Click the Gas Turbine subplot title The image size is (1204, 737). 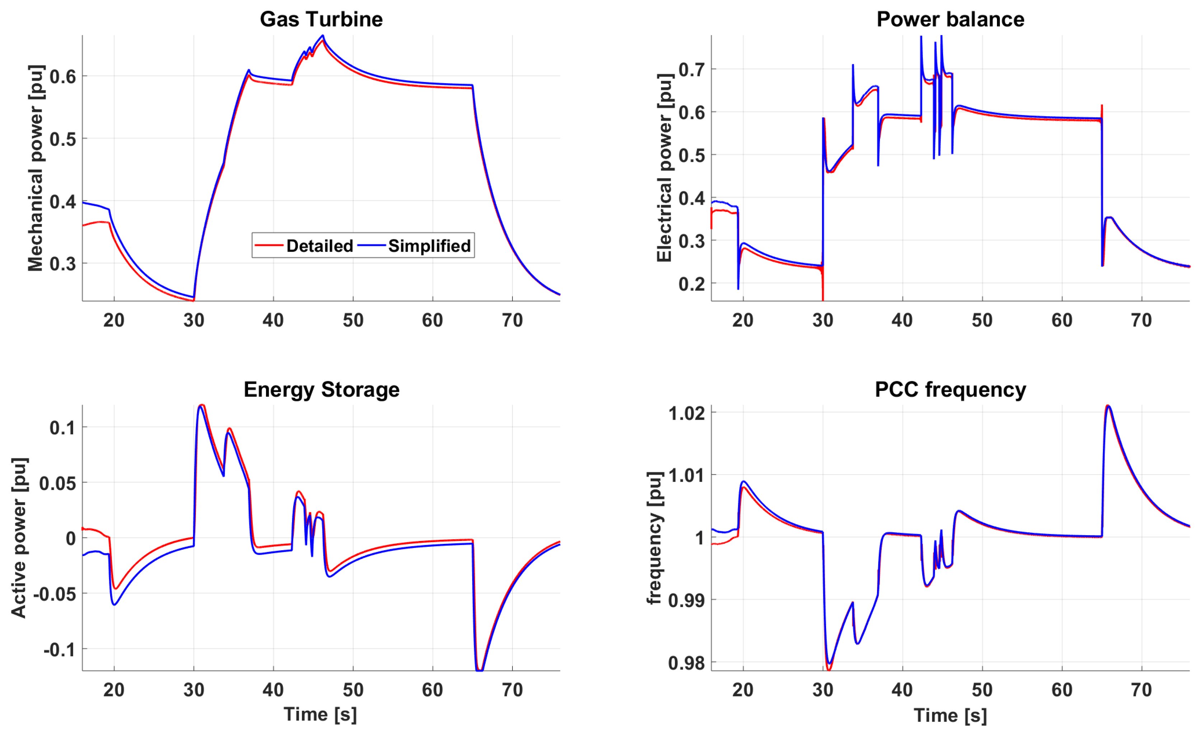pos(321,19)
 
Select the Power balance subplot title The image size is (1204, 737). pos(950,19)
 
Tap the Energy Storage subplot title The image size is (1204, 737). pos(321,390)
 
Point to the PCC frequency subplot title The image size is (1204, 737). pos(950,390)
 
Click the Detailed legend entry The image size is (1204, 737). pos(319,245)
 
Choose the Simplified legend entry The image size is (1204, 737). pos(429,245)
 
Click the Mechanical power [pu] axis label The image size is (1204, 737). pos(36,168)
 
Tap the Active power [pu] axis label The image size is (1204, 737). pos(19,538)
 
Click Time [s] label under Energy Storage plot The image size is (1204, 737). pos(320,714)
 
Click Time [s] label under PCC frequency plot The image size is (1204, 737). pos(950,715)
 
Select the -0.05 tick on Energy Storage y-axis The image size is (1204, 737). pos(55,594)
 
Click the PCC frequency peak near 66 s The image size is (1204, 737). pos(1108,406)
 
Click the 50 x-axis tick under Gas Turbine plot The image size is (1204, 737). pos(353,320)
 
